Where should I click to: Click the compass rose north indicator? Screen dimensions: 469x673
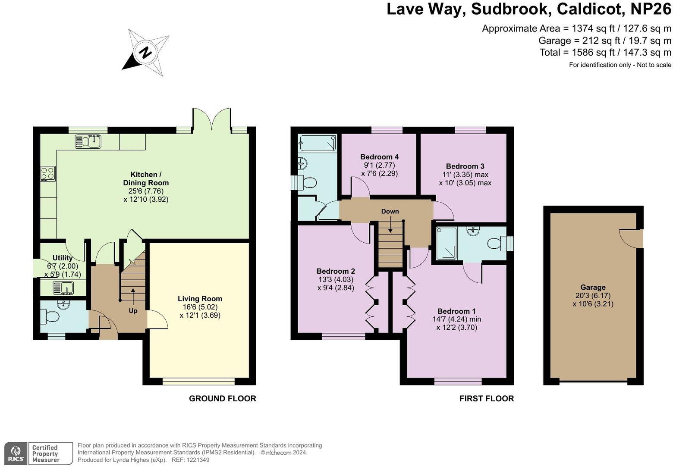145,53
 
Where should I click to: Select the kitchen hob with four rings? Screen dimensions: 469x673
47,173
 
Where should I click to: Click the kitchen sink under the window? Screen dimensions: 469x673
88,141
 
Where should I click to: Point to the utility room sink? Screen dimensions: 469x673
63,287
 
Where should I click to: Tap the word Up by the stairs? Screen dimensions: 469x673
133,310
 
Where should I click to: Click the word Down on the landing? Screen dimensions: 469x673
390,211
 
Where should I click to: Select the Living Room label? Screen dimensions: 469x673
200,299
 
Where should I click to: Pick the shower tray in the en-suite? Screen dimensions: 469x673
446,244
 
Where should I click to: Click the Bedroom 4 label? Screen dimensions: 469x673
379,157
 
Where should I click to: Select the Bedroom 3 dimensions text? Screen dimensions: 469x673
465,178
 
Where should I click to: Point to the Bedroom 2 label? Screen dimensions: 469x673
336,271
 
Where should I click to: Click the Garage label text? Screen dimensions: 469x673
593,288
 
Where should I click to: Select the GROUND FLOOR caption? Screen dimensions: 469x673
223,399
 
